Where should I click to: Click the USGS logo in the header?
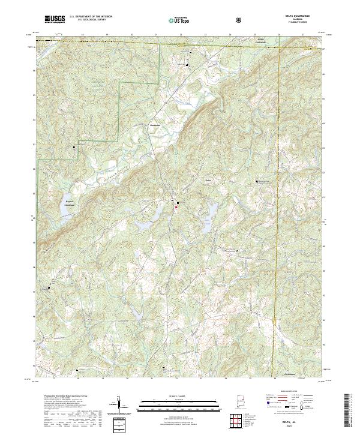(x=55, y=20)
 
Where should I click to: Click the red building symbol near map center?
(x=177, y=208)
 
